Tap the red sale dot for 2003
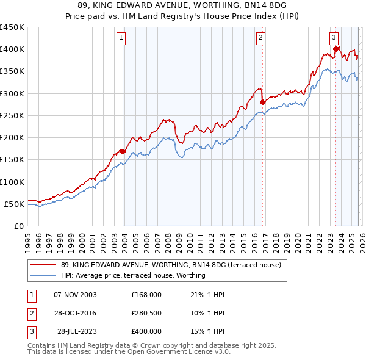[123, 151]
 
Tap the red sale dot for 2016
[262, 102]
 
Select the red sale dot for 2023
[336, 49]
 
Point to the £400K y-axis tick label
[12, 49]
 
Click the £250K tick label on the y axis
[12, 115]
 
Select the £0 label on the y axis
[18, 226]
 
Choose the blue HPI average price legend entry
[133, 275]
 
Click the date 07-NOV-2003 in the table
[75, 295]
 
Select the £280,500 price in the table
[146, 313]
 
